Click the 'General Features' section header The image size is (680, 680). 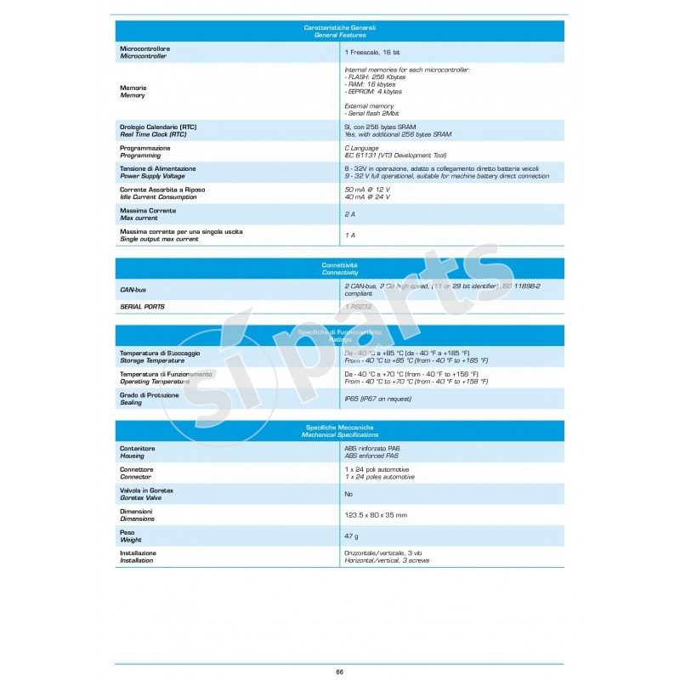tap(339, 36)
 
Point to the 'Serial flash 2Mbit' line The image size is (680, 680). tap(372, 112)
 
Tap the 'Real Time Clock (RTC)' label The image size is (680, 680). tap(153, 134)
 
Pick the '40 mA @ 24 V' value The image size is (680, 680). tap(367, 196)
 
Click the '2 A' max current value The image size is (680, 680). tap(349, 214)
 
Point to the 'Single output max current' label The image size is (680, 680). tap(159, 239)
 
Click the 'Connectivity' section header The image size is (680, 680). tap(339, 273)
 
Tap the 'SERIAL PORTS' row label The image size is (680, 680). tap(142, 306)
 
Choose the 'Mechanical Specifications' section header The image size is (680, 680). tap(339, 434)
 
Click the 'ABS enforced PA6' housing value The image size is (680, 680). tap(371, 456)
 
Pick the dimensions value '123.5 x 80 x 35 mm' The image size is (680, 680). tap(376, 514)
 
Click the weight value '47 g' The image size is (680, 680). tap(352, 535)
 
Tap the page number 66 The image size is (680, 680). tap(339, 671)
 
